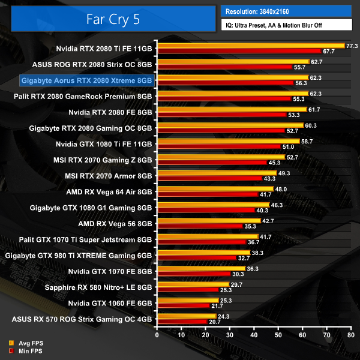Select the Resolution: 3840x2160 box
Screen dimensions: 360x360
[x=286, y=11]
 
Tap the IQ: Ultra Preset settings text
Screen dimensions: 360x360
[x=286, y=25]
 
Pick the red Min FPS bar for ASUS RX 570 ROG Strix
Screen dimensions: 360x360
[x=181, y=322]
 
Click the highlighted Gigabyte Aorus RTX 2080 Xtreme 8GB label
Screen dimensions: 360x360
[x=86, y=79]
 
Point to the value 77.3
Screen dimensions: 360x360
[x=353, y=46]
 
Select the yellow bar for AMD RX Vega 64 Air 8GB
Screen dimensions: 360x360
[x=214, y=189]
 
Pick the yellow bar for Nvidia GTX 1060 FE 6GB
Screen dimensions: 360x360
[x=187, y=300]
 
